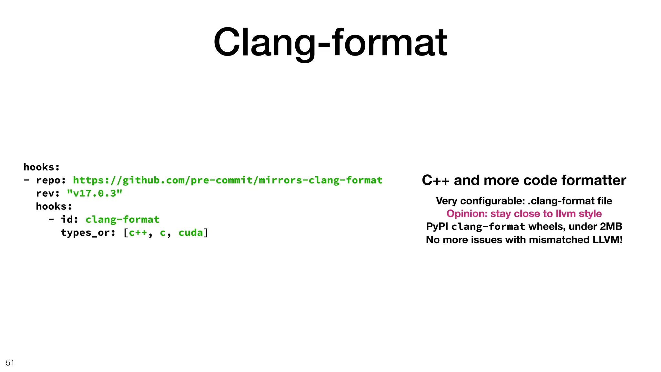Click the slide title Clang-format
click(330, 42)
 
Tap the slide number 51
click(10, 363)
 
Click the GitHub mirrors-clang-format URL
click(228, 180)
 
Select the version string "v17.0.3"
click(95, 193)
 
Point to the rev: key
click(48, 193)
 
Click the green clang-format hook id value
click(122, 220)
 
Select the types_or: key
click(88, 232)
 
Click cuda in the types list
click(190, 232)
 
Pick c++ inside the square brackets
click(138, 232)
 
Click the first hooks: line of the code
click(42, 167)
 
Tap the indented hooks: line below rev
click(54, 206)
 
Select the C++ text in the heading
click(435, 180)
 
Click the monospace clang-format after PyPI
click(488, 227)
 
